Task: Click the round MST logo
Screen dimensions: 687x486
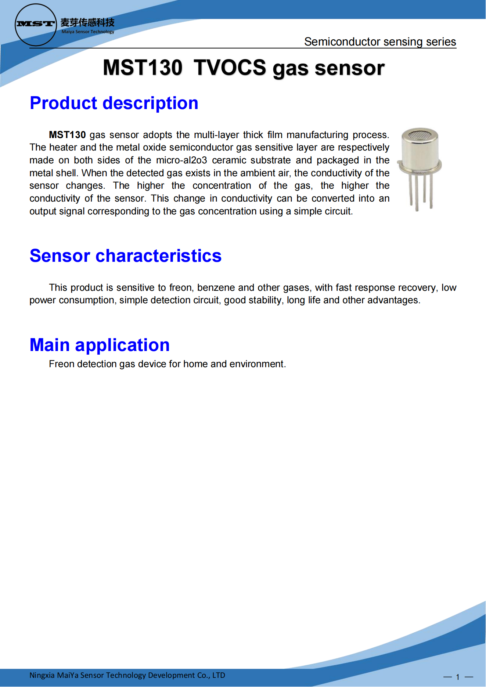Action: pyautogui.click(x=35, y=25)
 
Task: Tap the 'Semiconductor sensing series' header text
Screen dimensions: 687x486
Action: pyautogui.click(x=380, y=42)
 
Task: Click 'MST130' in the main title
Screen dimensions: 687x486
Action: pyautogui.click(x=143, y=68)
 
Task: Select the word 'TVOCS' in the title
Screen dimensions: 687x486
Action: pyautogui.click(x=230, y=68)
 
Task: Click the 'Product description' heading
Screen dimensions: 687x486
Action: pyautogui.click(x=114, y=103)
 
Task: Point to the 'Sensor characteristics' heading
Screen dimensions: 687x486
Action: pyautogui.click(x=125, y=256)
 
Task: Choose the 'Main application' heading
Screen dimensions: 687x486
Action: pyautogui.click(x=100, y=345)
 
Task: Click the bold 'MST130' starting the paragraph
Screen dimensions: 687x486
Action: pyautogui.click(x=67, y=135)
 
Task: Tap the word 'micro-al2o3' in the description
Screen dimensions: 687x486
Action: pyautogui.click(x=181, y=160)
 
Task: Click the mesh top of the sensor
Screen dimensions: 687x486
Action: pyautogui.click(x=420, y=135)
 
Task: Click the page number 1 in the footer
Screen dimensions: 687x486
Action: pyautogui.click(x=458, y=677)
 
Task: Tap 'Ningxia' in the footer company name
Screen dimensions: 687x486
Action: pyautogui.click(x=42, y=675)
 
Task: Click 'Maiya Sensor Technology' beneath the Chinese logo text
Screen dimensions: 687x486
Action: pyautogui.click(x=88, y=32)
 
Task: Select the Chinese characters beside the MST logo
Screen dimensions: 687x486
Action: pyautogui.click(x=87, y=23)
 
